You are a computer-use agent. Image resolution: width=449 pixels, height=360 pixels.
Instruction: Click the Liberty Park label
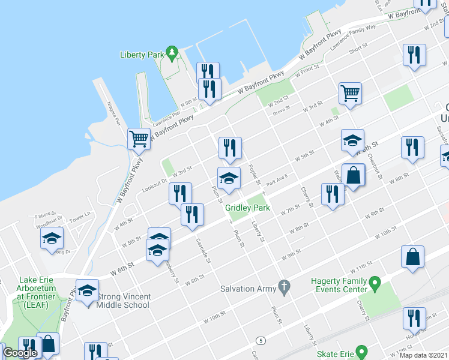(142, 55)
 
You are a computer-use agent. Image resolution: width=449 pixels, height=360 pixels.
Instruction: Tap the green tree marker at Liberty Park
(172, 53)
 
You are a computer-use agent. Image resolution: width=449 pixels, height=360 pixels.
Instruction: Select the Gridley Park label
(248, 208)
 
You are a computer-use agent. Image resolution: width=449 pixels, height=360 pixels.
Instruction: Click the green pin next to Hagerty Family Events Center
(375, 281)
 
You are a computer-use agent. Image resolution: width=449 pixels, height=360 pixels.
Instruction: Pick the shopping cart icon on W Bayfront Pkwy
(139, 139)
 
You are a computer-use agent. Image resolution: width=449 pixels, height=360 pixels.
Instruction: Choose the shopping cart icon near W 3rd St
(350, 92)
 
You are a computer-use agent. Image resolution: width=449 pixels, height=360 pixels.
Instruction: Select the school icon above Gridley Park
(229, 178)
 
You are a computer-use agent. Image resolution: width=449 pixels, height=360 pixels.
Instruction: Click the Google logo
(20, 353)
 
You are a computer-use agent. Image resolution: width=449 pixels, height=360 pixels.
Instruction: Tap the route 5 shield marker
(259, 340)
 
